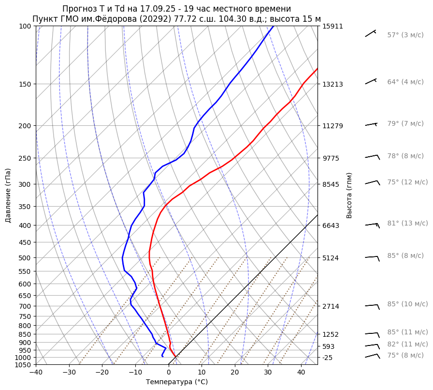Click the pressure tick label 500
point(25,257)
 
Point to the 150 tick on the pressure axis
point(25,84)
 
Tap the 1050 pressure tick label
point(23,365)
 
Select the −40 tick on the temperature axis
point(36,373)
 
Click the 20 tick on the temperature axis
point(235,373)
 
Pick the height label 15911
point(332,26)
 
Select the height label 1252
point(331,334)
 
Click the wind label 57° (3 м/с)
point(405,35)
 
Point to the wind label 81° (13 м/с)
point(407,223)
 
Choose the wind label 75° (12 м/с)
point(407,182)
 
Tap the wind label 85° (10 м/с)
point(407,304)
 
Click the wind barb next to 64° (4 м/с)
point(371,82)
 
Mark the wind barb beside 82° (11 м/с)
point(372,345)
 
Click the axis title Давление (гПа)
point(8,195)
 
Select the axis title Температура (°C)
point(176,382)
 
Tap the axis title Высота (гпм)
point(349,195)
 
